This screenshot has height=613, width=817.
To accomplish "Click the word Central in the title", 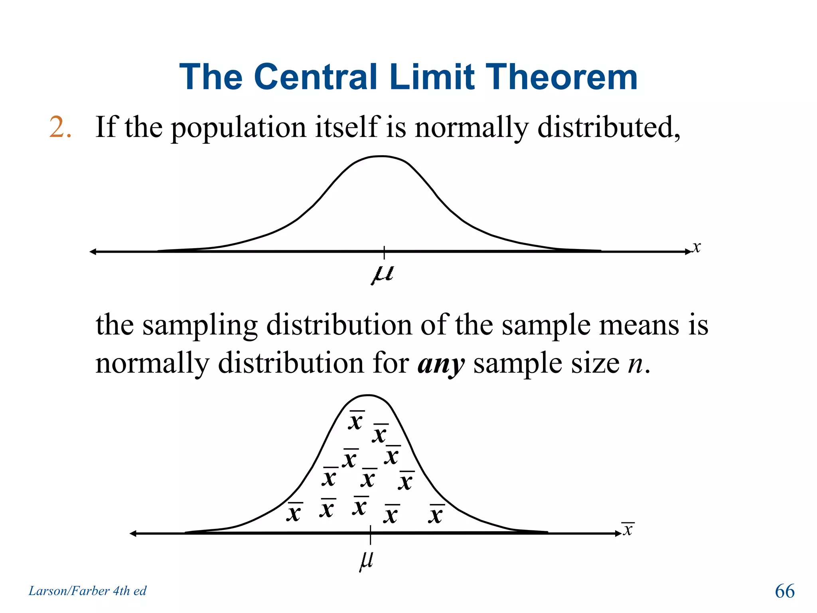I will pyautogui.click(x=315, y=77).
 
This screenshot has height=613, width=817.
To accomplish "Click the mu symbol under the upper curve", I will pyautogui.click(x=383, y=274).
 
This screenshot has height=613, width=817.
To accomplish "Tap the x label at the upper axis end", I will pyautogui.click(x=696, y=247).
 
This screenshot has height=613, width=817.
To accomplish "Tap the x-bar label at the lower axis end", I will pyautogui.click(x=628, y=529).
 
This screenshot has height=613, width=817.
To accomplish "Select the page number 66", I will pyautogui.click(x=784, y=591).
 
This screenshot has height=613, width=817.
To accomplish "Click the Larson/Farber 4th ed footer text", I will pyautogui.click(x=87, y=591).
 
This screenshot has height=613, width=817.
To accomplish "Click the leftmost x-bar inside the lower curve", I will pyautogui.click(x=294, y=512).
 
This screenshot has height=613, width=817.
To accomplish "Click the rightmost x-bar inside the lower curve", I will pyautogui.click(x=436, y=514).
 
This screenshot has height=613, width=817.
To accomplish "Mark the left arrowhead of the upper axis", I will pyautogui.click(x=93, y=251).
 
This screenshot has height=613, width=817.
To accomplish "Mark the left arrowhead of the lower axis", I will pyautogui.click(x=133, y=534).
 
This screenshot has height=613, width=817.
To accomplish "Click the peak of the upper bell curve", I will pyautogui.click(x=382, y=156).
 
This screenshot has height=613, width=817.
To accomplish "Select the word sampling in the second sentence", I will pyautogui.click(x=200, y=325).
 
